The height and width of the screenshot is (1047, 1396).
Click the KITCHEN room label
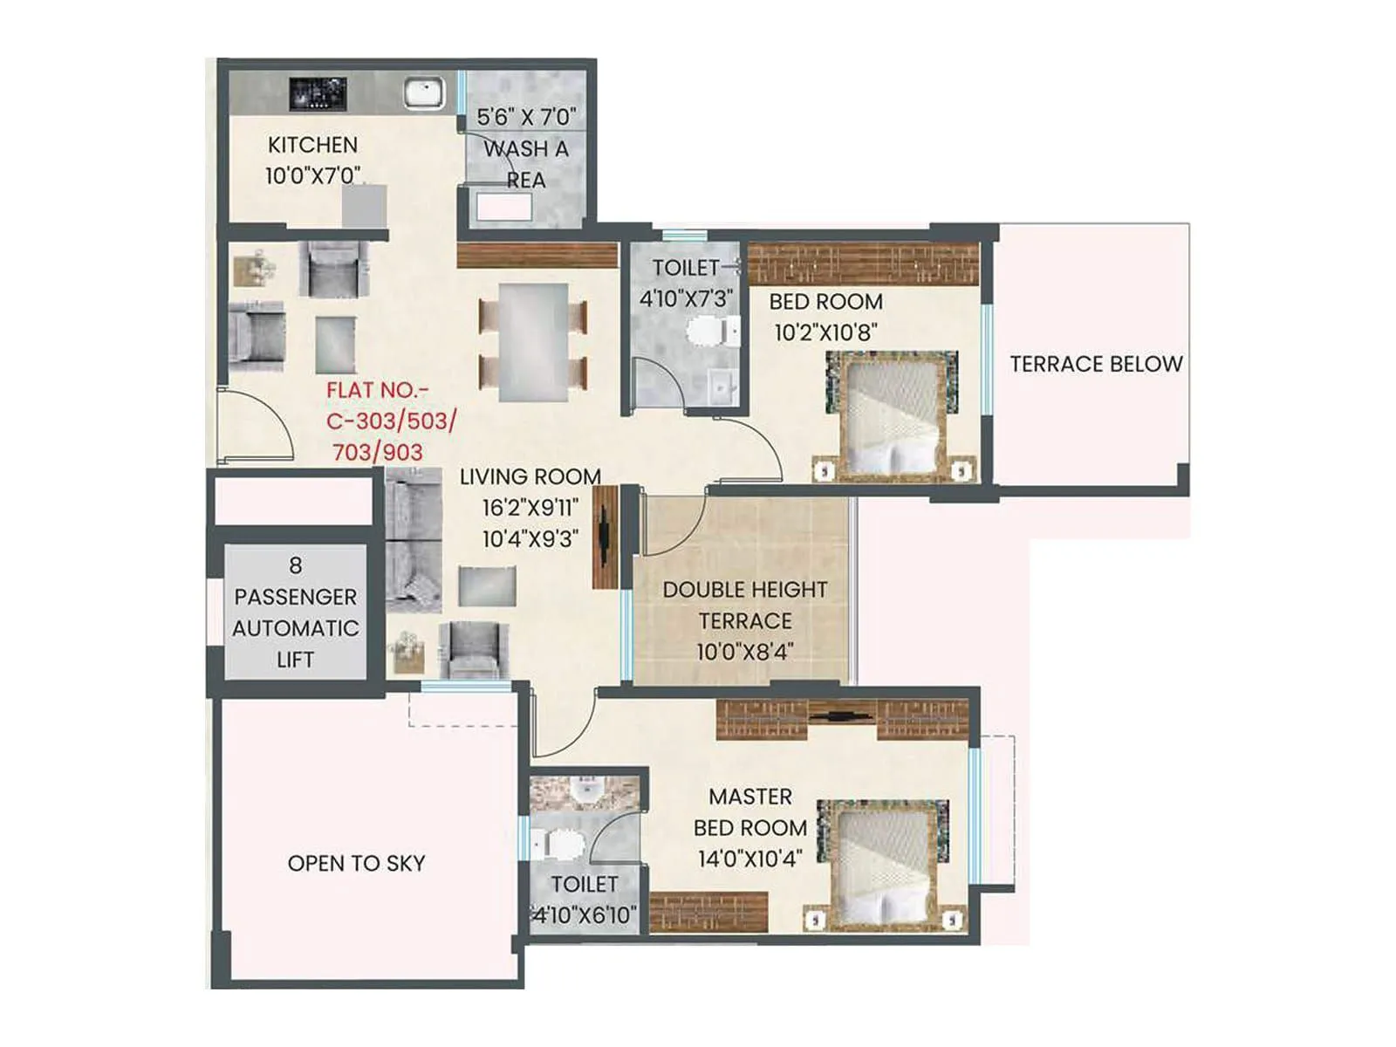pos(312,145)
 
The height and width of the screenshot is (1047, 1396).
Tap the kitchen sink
pos(424,92)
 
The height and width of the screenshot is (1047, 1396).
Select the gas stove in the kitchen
pos(318,92)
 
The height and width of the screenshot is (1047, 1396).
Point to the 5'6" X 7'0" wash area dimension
pos(526,117)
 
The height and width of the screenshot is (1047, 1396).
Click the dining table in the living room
pos(533,341)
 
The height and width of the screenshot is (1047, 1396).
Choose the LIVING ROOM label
pos(530,476)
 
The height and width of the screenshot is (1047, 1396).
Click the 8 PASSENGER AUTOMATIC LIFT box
pos(295,612)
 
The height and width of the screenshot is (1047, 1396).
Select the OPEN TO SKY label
pos(356,863)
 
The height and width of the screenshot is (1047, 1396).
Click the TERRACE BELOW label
pos(1096,364)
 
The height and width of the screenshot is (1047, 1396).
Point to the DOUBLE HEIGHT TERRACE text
pos(745,605)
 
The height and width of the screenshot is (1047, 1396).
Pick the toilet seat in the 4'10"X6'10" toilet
pos(562,844)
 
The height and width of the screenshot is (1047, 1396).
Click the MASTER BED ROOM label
pos(750,812)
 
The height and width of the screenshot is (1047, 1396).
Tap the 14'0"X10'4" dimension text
pos(749,859)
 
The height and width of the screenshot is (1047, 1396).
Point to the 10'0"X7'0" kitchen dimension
pos(313,175)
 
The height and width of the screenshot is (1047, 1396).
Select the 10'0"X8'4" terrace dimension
pos(744,652)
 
